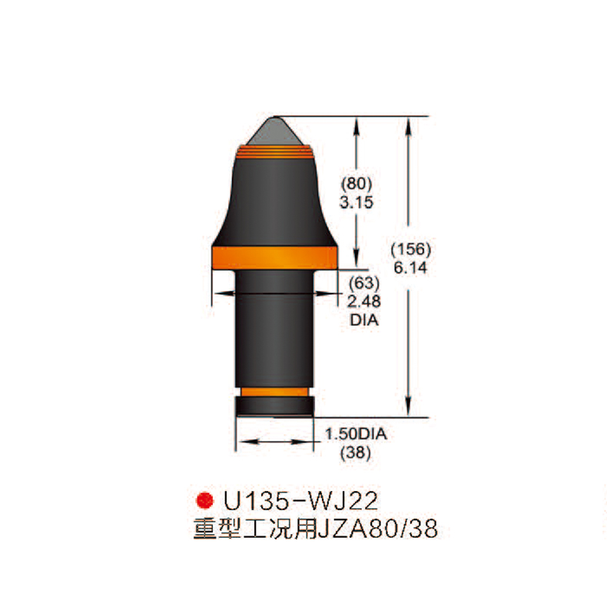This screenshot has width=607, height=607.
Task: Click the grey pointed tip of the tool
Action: (277, 131)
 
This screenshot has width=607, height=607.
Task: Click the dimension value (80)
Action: (356, 185)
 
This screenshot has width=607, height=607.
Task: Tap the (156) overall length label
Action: (412, 250)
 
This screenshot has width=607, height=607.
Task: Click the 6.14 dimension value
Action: (410, 268)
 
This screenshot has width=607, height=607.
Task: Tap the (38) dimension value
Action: (355, 453)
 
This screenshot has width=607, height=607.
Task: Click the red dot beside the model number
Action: (204, 501)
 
